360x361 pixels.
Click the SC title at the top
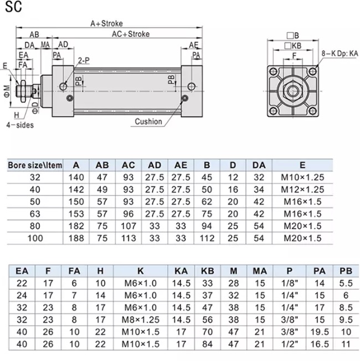point(13,7)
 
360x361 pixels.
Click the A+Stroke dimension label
point(106,23)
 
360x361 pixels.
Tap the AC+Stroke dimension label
point(131,34)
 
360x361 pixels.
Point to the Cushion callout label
point(148,121)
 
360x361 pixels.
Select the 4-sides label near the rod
point(20,125)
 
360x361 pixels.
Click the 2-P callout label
point(84,60)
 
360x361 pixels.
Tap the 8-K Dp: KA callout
point(340,53)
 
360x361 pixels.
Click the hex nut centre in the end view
point(293,91)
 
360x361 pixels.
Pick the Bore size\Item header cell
point(35,165)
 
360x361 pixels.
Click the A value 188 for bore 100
point(76,238)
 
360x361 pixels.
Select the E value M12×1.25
point(302,189)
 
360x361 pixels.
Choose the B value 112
point(207,238)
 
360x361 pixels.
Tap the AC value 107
point(128,226)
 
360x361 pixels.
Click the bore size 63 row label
point(35,214)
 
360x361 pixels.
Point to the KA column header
point(181,271)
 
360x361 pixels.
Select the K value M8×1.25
point(141,319)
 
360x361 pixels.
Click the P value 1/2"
point(290,344)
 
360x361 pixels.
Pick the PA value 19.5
point(319,332)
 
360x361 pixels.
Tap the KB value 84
point(207,344)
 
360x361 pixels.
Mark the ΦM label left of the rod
point(7,91)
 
